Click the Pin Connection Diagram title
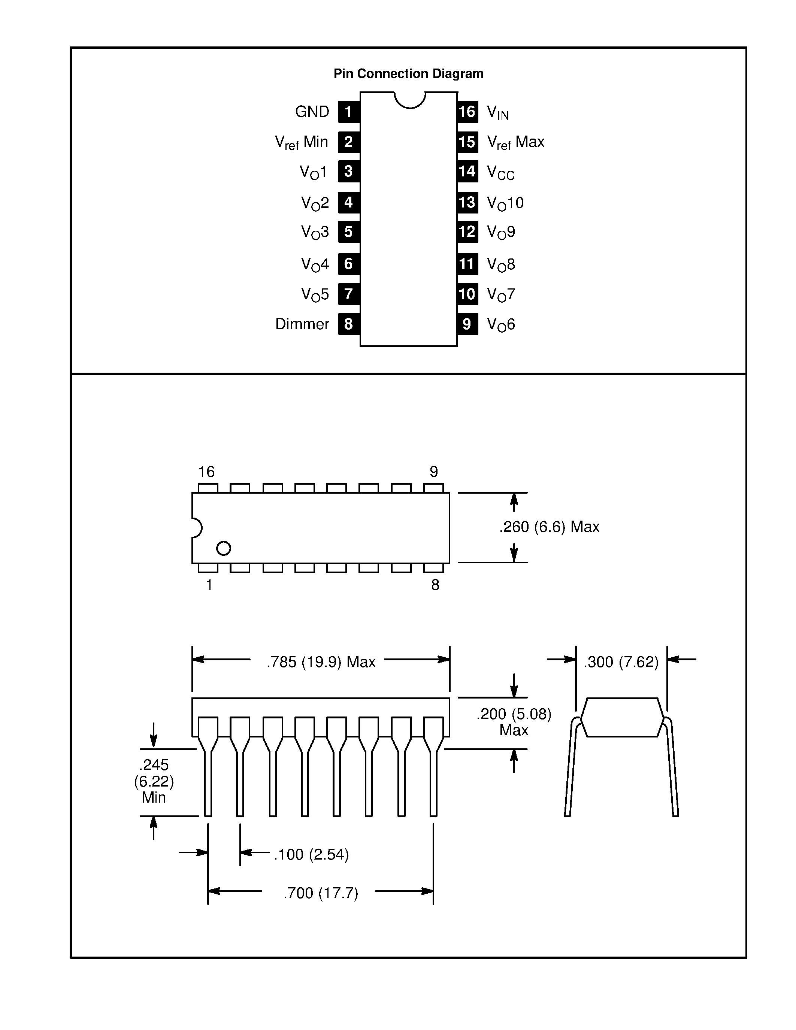[x=408, y=73]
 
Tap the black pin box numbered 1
[x=348, y=112]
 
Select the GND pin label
[x=312, y=112]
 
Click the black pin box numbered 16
[x=467, y=112]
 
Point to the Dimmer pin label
[x=302, y=324]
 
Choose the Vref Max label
[x=515, y=142]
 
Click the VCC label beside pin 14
[x=500, y=172]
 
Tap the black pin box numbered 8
[x=348, y=324]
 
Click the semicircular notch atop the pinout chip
[x=410, y=99]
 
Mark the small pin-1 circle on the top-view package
[x=224, y=548]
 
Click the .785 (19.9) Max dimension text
[x=321, y=662]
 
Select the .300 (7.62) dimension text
[x=621, y=662]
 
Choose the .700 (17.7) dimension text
[x=321, y=893]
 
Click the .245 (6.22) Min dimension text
[x=154, y=781]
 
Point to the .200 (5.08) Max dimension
[x=514, y=722]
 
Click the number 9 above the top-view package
[x=433, y=472]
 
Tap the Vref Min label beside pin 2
[x=301, y=142]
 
